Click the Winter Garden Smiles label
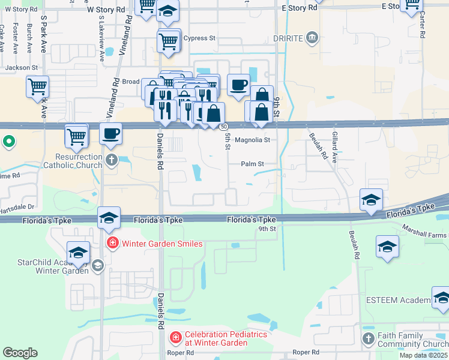pyautogui.click(x=162, y=244)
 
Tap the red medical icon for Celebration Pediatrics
pyautogui.click(x=175, y=338)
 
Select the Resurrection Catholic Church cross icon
pyautogui.click(x=111, y=160)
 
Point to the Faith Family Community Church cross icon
pyautogui.click(x=368, y=339)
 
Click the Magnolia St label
pyautogui.click(x=252, y=140)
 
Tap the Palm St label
pyautogui.click(x=252, y=163)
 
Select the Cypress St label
pyautogui.click(x=199, y=38)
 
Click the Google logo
pyautogui.click(x=20, y=353)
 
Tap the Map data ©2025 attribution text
pyautogui.click(x=423, y=355)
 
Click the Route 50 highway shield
pyautogui.click(x=223, y=127)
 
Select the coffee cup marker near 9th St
pyautogui.click(x=238, y=85)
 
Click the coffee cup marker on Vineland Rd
pyautogui.click(x=110, y=133)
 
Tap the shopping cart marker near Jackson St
pyautogui.click(x=37, y=86)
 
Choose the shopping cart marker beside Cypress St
pyautogui.click(x=168, y=41)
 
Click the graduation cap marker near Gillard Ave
pyautogui.click(x=371, y=199)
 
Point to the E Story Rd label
pyautogui.click(x=299, y=8)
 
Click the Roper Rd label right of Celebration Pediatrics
pyautogui.click(x=306, y=352)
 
